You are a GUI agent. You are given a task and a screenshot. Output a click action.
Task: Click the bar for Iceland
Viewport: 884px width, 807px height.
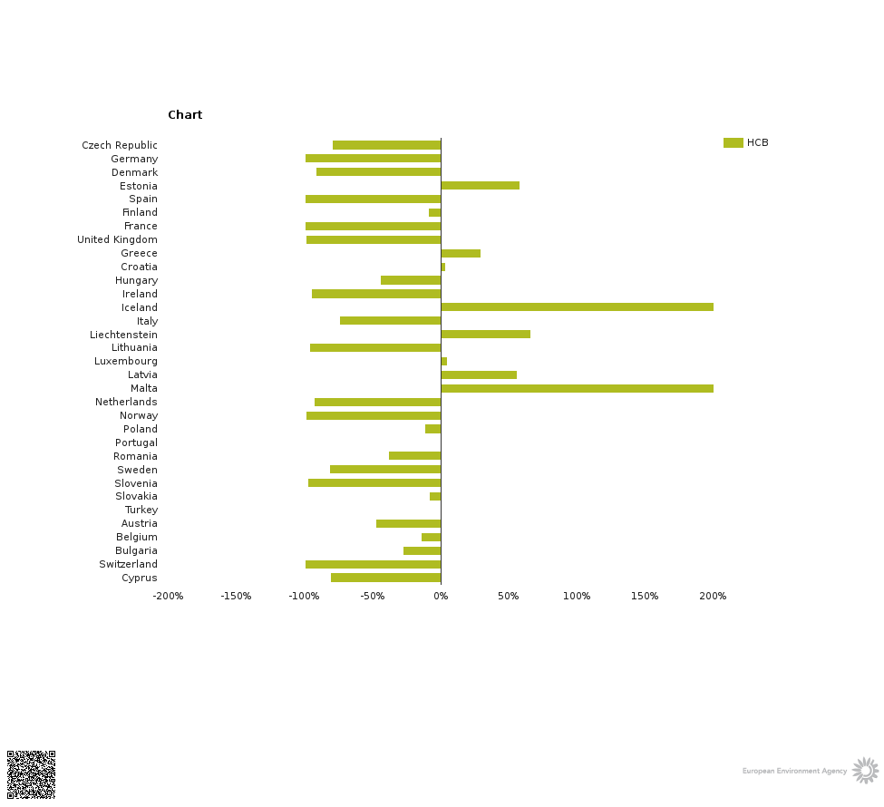click(577, 307)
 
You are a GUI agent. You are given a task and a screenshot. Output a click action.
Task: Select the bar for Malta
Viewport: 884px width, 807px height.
click(577, 388)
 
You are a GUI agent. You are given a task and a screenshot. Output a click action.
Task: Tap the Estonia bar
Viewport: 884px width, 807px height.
click(480, 186)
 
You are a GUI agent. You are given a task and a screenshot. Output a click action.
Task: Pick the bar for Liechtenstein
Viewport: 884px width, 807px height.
click(485, 335)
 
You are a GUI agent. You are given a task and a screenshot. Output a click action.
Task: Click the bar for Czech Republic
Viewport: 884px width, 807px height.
click(386, 145)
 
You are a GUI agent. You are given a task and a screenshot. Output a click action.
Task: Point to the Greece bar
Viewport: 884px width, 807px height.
click(461, 253)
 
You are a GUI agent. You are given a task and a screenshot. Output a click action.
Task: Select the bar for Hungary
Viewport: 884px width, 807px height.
click(411, 280)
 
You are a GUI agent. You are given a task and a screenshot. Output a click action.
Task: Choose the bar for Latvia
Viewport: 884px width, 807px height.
click(479, 374)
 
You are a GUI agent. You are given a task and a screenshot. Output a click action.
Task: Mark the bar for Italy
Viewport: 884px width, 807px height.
click(390, 321)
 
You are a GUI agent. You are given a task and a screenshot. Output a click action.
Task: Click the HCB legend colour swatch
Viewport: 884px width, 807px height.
click(733, 143)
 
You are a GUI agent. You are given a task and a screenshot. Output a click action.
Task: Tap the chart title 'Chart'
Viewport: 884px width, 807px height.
click(185, 115)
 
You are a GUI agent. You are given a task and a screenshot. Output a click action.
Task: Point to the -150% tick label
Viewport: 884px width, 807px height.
click(236, 597)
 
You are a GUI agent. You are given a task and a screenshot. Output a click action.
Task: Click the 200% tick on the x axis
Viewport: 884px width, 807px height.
click(713, 597)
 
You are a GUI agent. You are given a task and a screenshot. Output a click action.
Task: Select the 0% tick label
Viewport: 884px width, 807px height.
click(441, 597)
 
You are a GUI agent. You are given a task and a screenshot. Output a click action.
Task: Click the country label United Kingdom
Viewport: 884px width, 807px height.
click(117, 240)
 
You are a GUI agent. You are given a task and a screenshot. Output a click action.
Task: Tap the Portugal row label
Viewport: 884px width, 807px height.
click(136, 442)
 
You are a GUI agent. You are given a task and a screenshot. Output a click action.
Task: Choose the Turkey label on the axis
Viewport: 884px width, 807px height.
click(141, 510)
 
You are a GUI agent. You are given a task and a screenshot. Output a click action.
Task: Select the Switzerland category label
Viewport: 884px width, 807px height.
click(128, 565)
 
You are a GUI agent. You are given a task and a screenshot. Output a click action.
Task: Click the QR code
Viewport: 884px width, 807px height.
click(31, 774)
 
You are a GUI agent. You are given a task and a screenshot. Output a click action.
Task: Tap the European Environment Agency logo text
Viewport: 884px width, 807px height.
click(794, 772)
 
